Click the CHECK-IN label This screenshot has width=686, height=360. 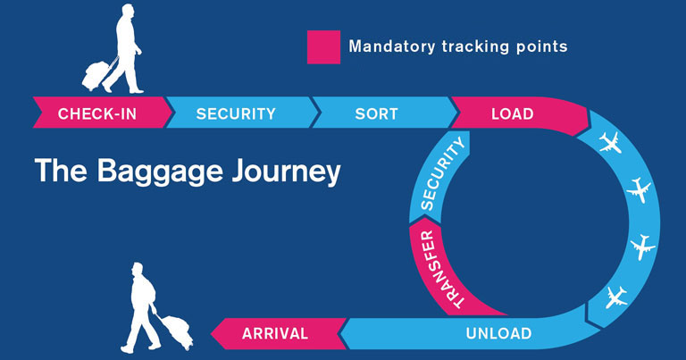point(97,113)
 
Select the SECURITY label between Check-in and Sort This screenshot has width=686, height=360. point(236,113)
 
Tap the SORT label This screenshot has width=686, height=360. point(376,113)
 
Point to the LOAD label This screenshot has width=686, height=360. point(513,113)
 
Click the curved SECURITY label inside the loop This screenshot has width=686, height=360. point(441,173)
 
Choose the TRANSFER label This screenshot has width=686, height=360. point(439,269)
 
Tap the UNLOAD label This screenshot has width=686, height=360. point(498,333)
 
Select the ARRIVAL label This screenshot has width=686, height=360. point(275,333)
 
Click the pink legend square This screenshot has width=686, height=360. point(323,47)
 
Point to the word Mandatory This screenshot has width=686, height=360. point(391,46)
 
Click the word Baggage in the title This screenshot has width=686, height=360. point(160,171)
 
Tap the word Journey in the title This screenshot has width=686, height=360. point(286,171)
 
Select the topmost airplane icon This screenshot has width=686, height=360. point(610,143)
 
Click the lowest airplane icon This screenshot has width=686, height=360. point(616,297)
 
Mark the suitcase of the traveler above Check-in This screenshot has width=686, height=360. point(96,75)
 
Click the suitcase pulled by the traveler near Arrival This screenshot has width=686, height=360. point(177,331)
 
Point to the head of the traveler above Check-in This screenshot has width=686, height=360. point(127,13)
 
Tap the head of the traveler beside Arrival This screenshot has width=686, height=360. point(138,270)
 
